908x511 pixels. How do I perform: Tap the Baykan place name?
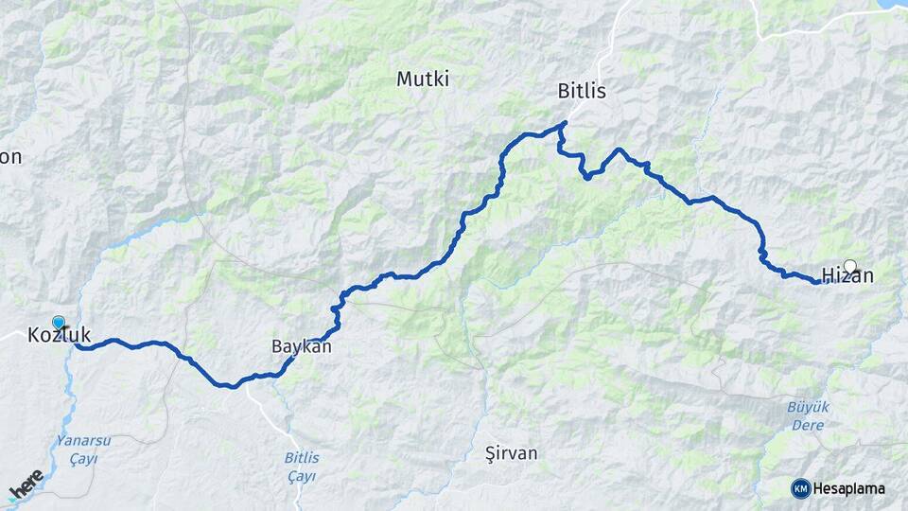point(302,346)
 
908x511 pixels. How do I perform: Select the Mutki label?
point(423,79)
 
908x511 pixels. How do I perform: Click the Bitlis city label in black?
point(582,92)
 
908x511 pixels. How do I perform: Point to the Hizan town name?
point(847,276)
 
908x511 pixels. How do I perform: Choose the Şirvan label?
point(511,453)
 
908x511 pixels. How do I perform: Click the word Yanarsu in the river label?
point(84,440)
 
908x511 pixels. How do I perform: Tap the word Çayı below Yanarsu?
point(83,458)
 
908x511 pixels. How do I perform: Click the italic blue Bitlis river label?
point(301,458)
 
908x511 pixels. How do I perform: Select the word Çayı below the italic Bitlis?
point(302,476)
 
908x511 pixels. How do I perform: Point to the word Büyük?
point(808,407)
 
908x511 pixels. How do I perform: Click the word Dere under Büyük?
point(808,425)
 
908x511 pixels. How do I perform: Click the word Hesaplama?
point(849,488)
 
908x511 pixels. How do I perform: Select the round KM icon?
point(801,488)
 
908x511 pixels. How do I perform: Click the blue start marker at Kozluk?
point(59,323)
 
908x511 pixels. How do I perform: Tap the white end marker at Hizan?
point(849,266)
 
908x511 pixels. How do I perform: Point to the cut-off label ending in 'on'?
point(10,157)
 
